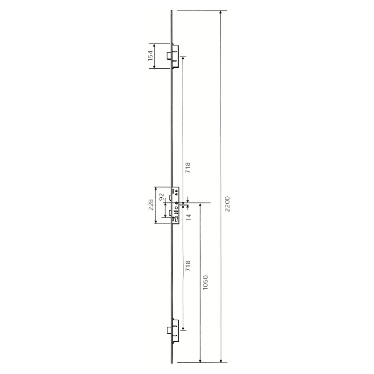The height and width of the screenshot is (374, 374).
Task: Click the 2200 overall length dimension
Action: click(x=227, y=205)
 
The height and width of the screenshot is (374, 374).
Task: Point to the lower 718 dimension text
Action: click(x=188, y=266)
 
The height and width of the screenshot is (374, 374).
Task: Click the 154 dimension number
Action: click(x=151, y=56)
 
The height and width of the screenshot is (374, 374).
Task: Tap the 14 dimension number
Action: click(x=189, y=217)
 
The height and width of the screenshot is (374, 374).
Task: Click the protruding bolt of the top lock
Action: click(x=167, y=56)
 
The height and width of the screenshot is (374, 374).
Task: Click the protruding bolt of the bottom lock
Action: click(x=167, y=331)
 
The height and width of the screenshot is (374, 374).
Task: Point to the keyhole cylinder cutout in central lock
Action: click(x=176, y=218)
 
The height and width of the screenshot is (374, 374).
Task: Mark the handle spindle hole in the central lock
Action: click(x=177, y=203)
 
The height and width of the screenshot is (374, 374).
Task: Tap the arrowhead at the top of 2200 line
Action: click(x=221, y=14)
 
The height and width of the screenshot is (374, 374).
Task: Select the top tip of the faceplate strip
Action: click(x=172, y=11)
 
